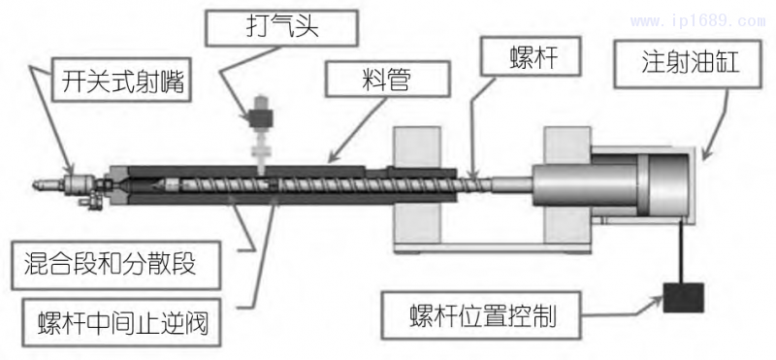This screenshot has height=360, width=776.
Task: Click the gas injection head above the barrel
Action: tap(261, 121)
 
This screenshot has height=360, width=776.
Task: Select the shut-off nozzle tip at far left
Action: tap(43, 181)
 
